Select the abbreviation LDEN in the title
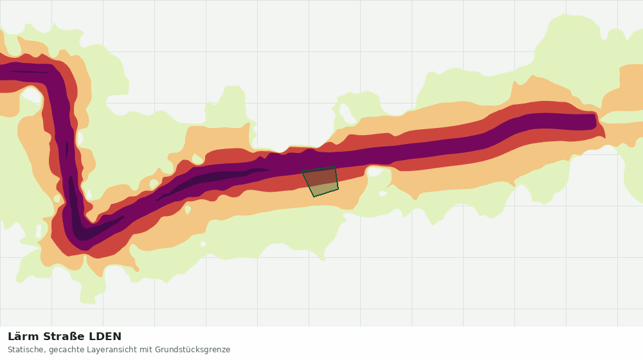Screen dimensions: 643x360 pos(105,337)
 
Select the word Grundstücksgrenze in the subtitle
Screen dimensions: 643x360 pos(193,350)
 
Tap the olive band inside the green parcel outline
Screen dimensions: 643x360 pos(324,190)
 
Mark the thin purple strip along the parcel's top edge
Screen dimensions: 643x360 pos(318,169)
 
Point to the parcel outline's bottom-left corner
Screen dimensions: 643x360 pos(314,197)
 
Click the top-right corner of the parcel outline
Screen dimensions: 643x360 pos(336,166)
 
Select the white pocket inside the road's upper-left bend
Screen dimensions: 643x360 pos(32,96)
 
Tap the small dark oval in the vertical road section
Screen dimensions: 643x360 pos(67,150)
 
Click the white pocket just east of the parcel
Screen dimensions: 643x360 pos(376,172)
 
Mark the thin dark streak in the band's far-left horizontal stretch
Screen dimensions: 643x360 pos(29,72)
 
